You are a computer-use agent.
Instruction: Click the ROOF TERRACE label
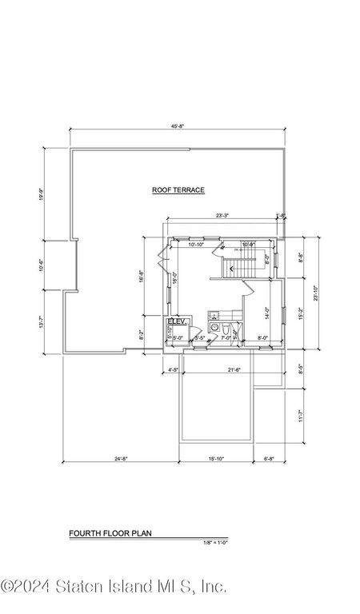coord(178,190)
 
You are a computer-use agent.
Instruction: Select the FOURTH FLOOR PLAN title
coord(110,532)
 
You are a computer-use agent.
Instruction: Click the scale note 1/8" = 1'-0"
coord(216,543)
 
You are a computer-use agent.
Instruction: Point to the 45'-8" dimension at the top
coord(178,126)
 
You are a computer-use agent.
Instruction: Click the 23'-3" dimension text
coord(223,214)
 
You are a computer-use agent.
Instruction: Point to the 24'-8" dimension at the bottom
coord(120,458)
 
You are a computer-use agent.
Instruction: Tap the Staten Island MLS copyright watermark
coord(114,588)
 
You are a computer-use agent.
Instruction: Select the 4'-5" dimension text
coord(174,369)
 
